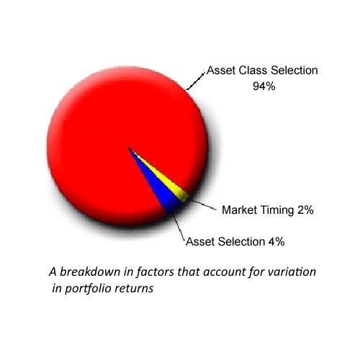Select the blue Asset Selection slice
click(x=163, y=189)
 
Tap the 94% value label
click(x=264, y=86)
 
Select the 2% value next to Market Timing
click(x=305, y=210)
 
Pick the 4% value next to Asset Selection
click(x=276, y=241)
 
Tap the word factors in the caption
click(x=148, y=272)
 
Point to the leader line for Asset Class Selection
click(x=195, y=82)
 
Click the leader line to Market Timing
click(x=202, y=204)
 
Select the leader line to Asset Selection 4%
click(x=179, y=227)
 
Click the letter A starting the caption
click(x=53, y=272)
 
